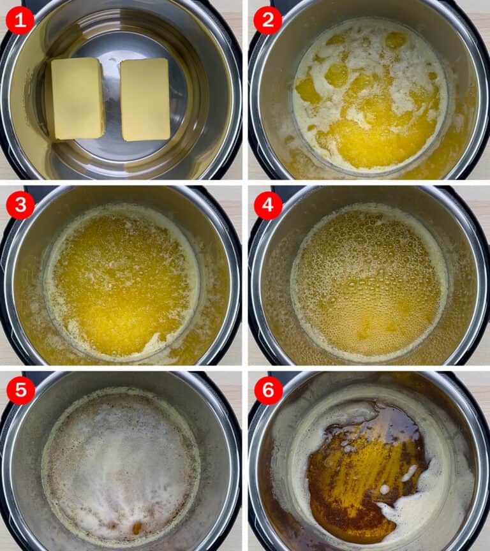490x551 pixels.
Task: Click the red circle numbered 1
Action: point(20,21)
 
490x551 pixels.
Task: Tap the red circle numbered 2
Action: point(267,21)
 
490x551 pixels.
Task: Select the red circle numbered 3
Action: point(20,205)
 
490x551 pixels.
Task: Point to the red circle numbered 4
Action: point(267,205)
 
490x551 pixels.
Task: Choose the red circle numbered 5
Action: point(20,390)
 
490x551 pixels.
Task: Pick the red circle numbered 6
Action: point(267,390)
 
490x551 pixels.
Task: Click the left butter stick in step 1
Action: point(77,98)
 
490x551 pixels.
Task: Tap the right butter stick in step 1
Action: point(145,99)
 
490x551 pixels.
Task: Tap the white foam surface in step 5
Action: point(121,459)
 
